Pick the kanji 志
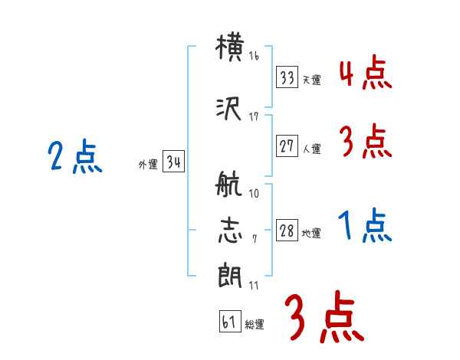[x=231, y=231]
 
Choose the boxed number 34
[x=172, y=162]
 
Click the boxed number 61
[x=228, y=322]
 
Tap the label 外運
[x=147, y=165]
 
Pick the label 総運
[x=254, y=325]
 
